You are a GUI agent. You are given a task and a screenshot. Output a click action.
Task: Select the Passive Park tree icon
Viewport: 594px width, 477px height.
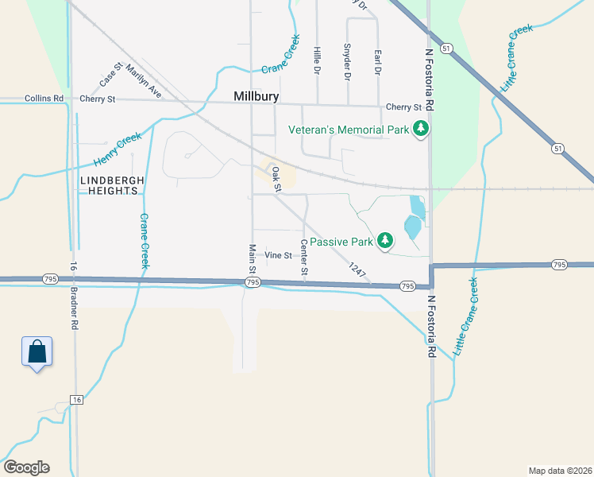[x=385, y=240]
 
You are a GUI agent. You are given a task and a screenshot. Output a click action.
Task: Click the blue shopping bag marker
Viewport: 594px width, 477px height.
[x=37, y=352]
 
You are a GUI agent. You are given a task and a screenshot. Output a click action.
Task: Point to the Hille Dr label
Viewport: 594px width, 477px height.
[x=317, y=61]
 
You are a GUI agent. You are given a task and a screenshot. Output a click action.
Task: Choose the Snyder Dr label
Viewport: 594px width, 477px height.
[x=347, y=62]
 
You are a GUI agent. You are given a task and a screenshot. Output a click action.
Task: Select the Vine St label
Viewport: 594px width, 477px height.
[x=279, y=255]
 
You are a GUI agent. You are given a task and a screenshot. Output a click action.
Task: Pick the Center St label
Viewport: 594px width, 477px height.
[x=304, y=258]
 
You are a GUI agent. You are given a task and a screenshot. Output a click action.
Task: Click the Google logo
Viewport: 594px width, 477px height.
[x=26, y=467]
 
